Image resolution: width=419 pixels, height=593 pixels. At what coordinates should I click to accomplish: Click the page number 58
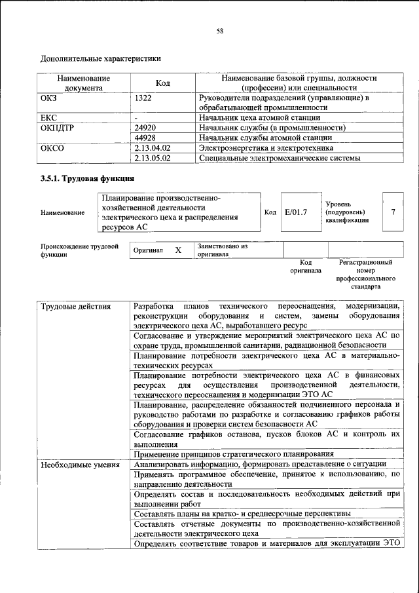point(221,30)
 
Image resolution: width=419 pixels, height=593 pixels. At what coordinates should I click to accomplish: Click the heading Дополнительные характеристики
point(101,59)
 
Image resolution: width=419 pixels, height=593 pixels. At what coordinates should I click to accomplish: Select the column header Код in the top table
point(163,83)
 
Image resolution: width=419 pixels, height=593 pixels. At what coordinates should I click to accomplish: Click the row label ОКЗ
point(50,98)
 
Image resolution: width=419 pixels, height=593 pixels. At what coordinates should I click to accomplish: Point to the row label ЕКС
point(49,117)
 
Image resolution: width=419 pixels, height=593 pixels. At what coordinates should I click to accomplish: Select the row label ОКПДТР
point(56,128)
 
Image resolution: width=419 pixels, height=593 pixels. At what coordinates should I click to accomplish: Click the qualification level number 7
point(393,212)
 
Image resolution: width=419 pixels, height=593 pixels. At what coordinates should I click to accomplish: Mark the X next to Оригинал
point(178,250)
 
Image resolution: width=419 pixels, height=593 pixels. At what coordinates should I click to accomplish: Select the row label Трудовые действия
point(75,307)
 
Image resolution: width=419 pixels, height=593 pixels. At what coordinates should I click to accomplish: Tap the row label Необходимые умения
point(80,465)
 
